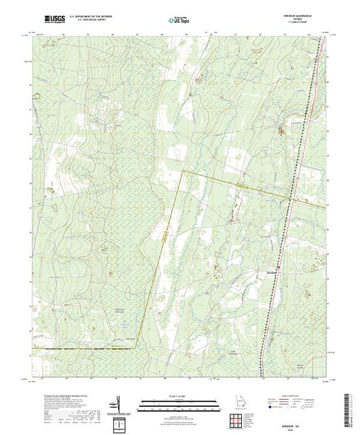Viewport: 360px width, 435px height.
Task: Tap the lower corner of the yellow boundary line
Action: (x=135, y=348)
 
